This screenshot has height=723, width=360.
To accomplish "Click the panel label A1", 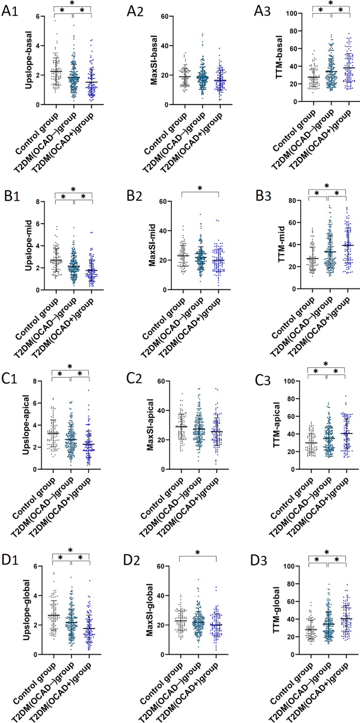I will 10,12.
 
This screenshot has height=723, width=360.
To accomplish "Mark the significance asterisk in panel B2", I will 199,189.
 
